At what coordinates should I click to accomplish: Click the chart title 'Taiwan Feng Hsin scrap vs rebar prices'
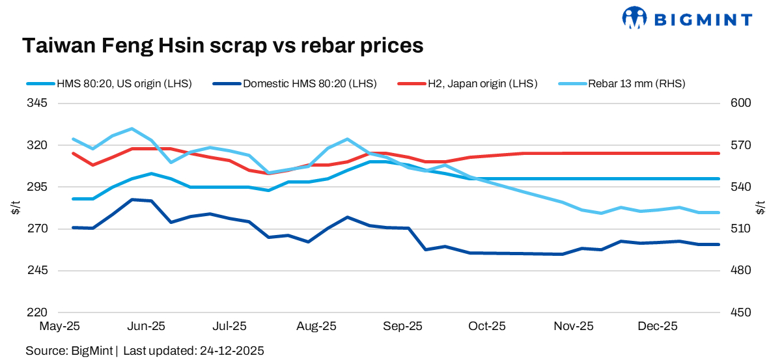click(223, 45)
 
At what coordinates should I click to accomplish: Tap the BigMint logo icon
click(634, 18)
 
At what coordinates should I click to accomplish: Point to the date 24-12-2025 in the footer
click(230, 350)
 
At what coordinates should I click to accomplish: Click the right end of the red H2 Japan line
click(718, 154)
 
